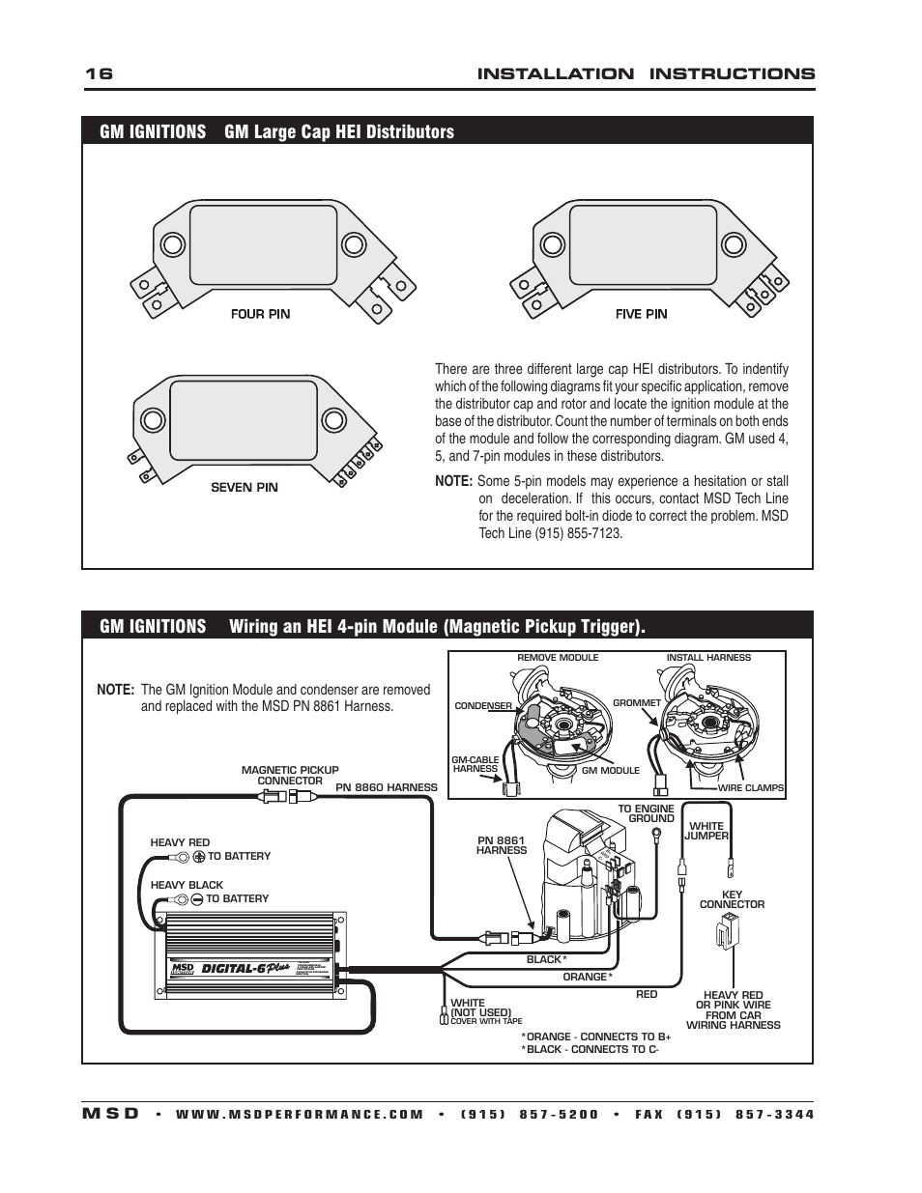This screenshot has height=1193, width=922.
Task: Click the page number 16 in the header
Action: [x=99, y=74]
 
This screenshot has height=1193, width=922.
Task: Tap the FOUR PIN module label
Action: [x=260, y=314]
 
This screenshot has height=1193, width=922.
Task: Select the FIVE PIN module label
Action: [x=641, y=314]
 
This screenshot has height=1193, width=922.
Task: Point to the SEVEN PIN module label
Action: [x=245, y=488]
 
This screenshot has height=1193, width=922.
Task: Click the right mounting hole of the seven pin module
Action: [x=332, y=419]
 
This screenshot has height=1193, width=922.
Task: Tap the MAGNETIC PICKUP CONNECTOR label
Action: [x=290, y=776]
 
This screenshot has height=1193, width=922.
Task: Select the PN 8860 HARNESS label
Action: [x=387, y=787]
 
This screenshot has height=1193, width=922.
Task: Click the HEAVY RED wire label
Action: [x=180, y=842]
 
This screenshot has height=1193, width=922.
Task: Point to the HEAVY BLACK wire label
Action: [x=187, y=885]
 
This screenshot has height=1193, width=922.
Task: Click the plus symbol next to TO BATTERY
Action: [x=199, y=856]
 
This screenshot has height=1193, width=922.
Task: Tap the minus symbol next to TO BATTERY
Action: [x=197, y=898]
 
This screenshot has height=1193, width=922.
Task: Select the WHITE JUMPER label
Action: [x=706, y=831]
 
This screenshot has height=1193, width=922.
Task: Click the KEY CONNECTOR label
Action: [x=732, y=899]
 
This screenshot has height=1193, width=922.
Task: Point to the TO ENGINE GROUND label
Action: [x=646, y=813]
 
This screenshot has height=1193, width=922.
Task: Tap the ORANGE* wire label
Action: [x=586, y=977]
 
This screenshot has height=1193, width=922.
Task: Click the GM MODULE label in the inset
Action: [x=610, y=771]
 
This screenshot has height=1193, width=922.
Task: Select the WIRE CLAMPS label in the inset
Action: [x=751, y=788]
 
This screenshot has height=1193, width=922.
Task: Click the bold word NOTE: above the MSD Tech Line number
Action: [x=453, y=481]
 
